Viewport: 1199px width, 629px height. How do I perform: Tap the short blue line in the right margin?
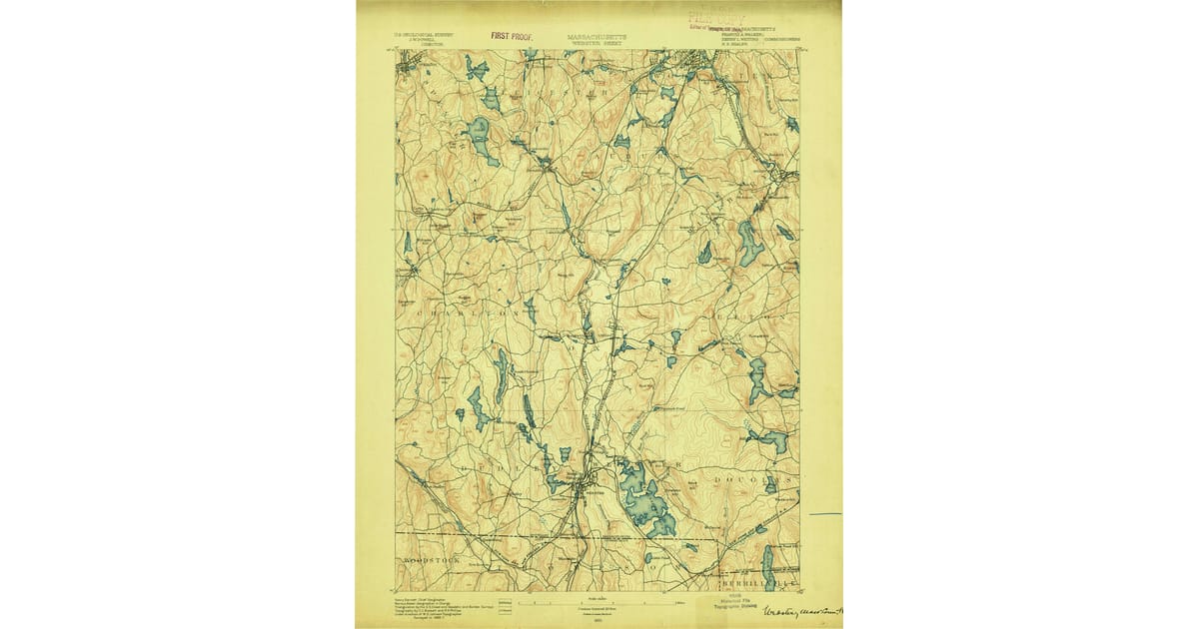pyautogui.click(x=825, y=514)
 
